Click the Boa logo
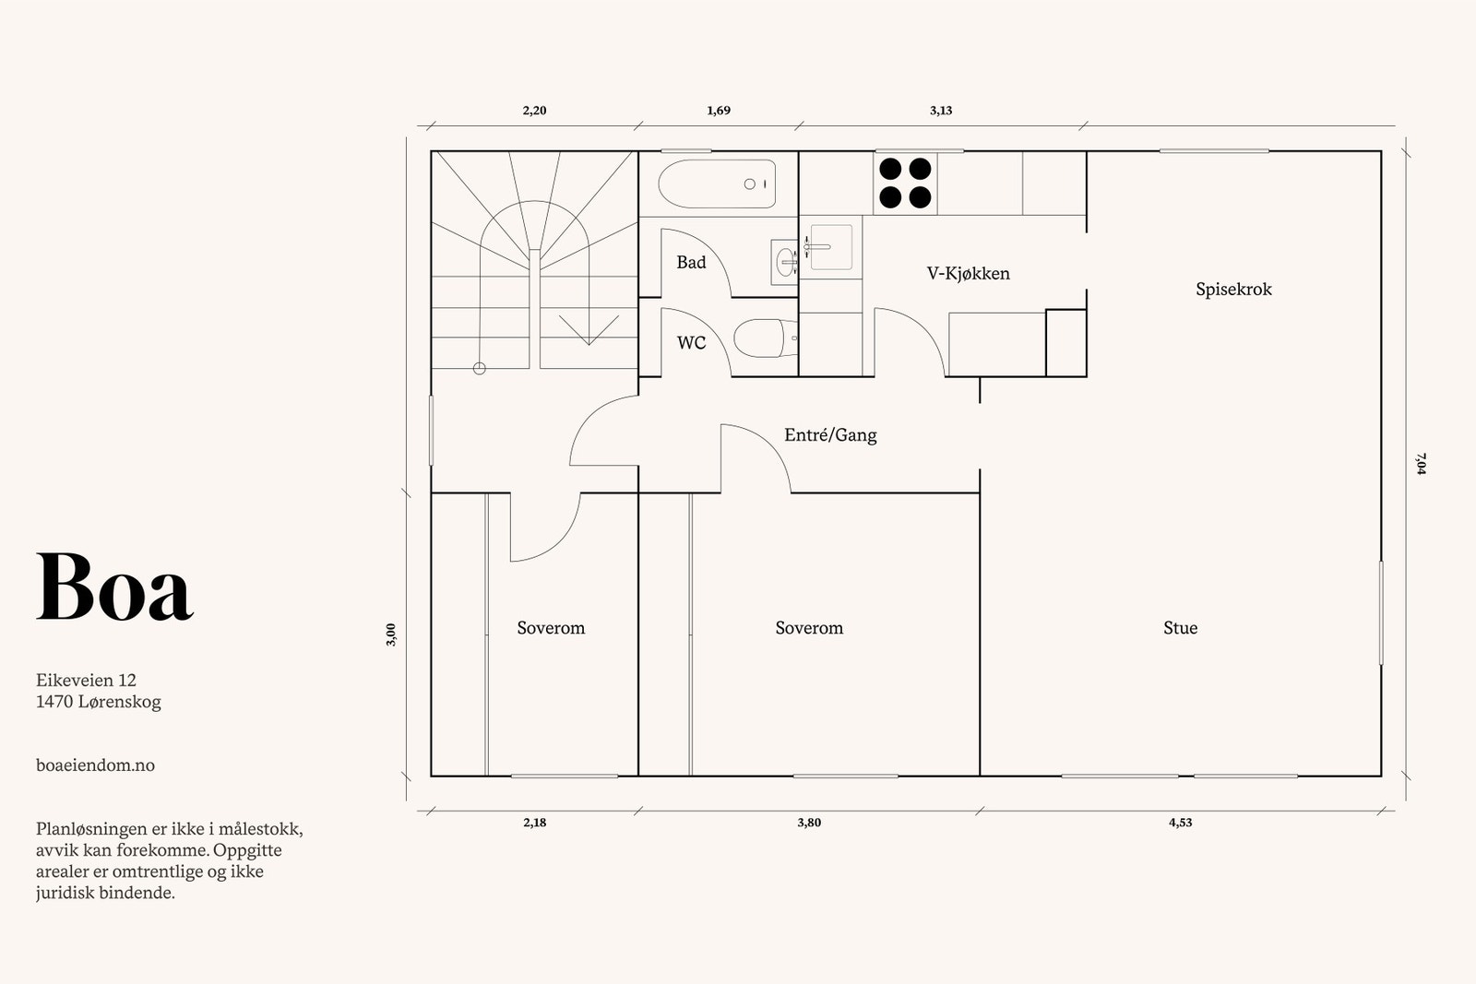[114, 587]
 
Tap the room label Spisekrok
[1233, 290]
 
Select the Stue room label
[1180, 628]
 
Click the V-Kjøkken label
[968, 274]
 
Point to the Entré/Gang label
[830, 434]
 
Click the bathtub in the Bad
[717, 184]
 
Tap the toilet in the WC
[765, 338]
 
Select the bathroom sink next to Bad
[785, 262]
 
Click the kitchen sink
[830, 247]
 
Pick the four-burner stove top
[905, 183]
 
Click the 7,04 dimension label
[1421, 464]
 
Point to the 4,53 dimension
[1180, 823]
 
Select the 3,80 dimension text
[809, 823]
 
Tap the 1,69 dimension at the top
[719, 111]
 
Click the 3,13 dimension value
[941, 111]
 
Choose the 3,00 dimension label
[391, 634]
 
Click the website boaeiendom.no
[96, 765]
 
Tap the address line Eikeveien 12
[87, 681]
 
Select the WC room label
[691, 343]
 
